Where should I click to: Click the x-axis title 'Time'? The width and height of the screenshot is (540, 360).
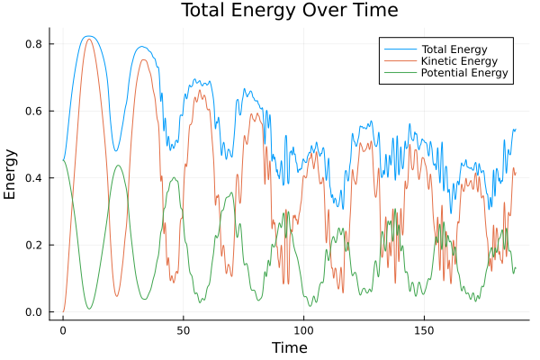tap(290, 347)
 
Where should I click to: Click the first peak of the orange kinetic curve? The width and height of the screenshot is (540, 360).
tap(88, 39)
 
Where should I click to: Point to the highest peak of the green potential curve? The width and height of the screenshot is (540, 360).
tap(64, 160)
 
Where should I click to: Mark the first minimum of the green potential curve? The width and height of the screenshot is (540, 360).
tap(89, 309)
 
